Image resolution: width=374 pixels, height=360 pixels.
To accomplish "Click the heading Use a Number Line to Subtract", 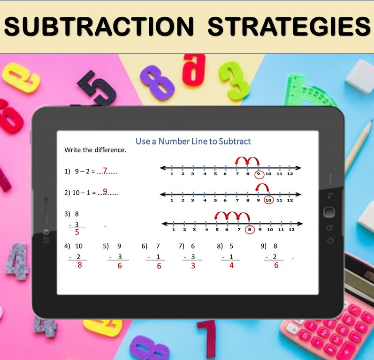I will tap(193, 141).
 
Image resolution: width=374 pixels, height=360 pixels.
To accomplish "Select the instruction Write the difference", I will tap(95, 150).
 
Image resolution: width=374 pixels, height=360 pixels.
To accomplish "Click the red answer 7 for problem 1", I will tap(105, 171).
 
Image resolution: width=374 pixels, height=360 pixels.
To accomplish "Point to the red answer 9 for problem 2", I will tap(105, 191).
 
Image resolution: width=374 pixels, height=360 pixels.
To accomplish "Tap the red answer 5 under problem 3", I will tap(77, 232).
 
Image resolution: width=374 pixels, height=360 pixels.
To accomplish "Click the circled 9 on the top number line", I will tap(258, 175).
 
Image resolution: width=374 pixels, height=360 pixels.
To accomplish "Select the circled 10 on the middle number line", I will tap(268, 200).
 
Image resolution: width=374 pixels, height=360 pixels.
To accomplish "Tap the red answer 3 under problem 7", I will tap(193, 265).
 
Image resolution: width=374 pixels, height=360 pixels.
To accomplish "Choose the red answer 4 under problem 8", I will tap(231, 265).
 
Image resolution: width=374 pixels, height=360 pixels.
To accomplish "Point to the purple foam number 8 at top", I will tap(157, 82).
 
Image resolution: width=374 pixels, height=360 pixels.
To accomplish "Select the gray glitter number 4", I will tap(17, 263).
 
